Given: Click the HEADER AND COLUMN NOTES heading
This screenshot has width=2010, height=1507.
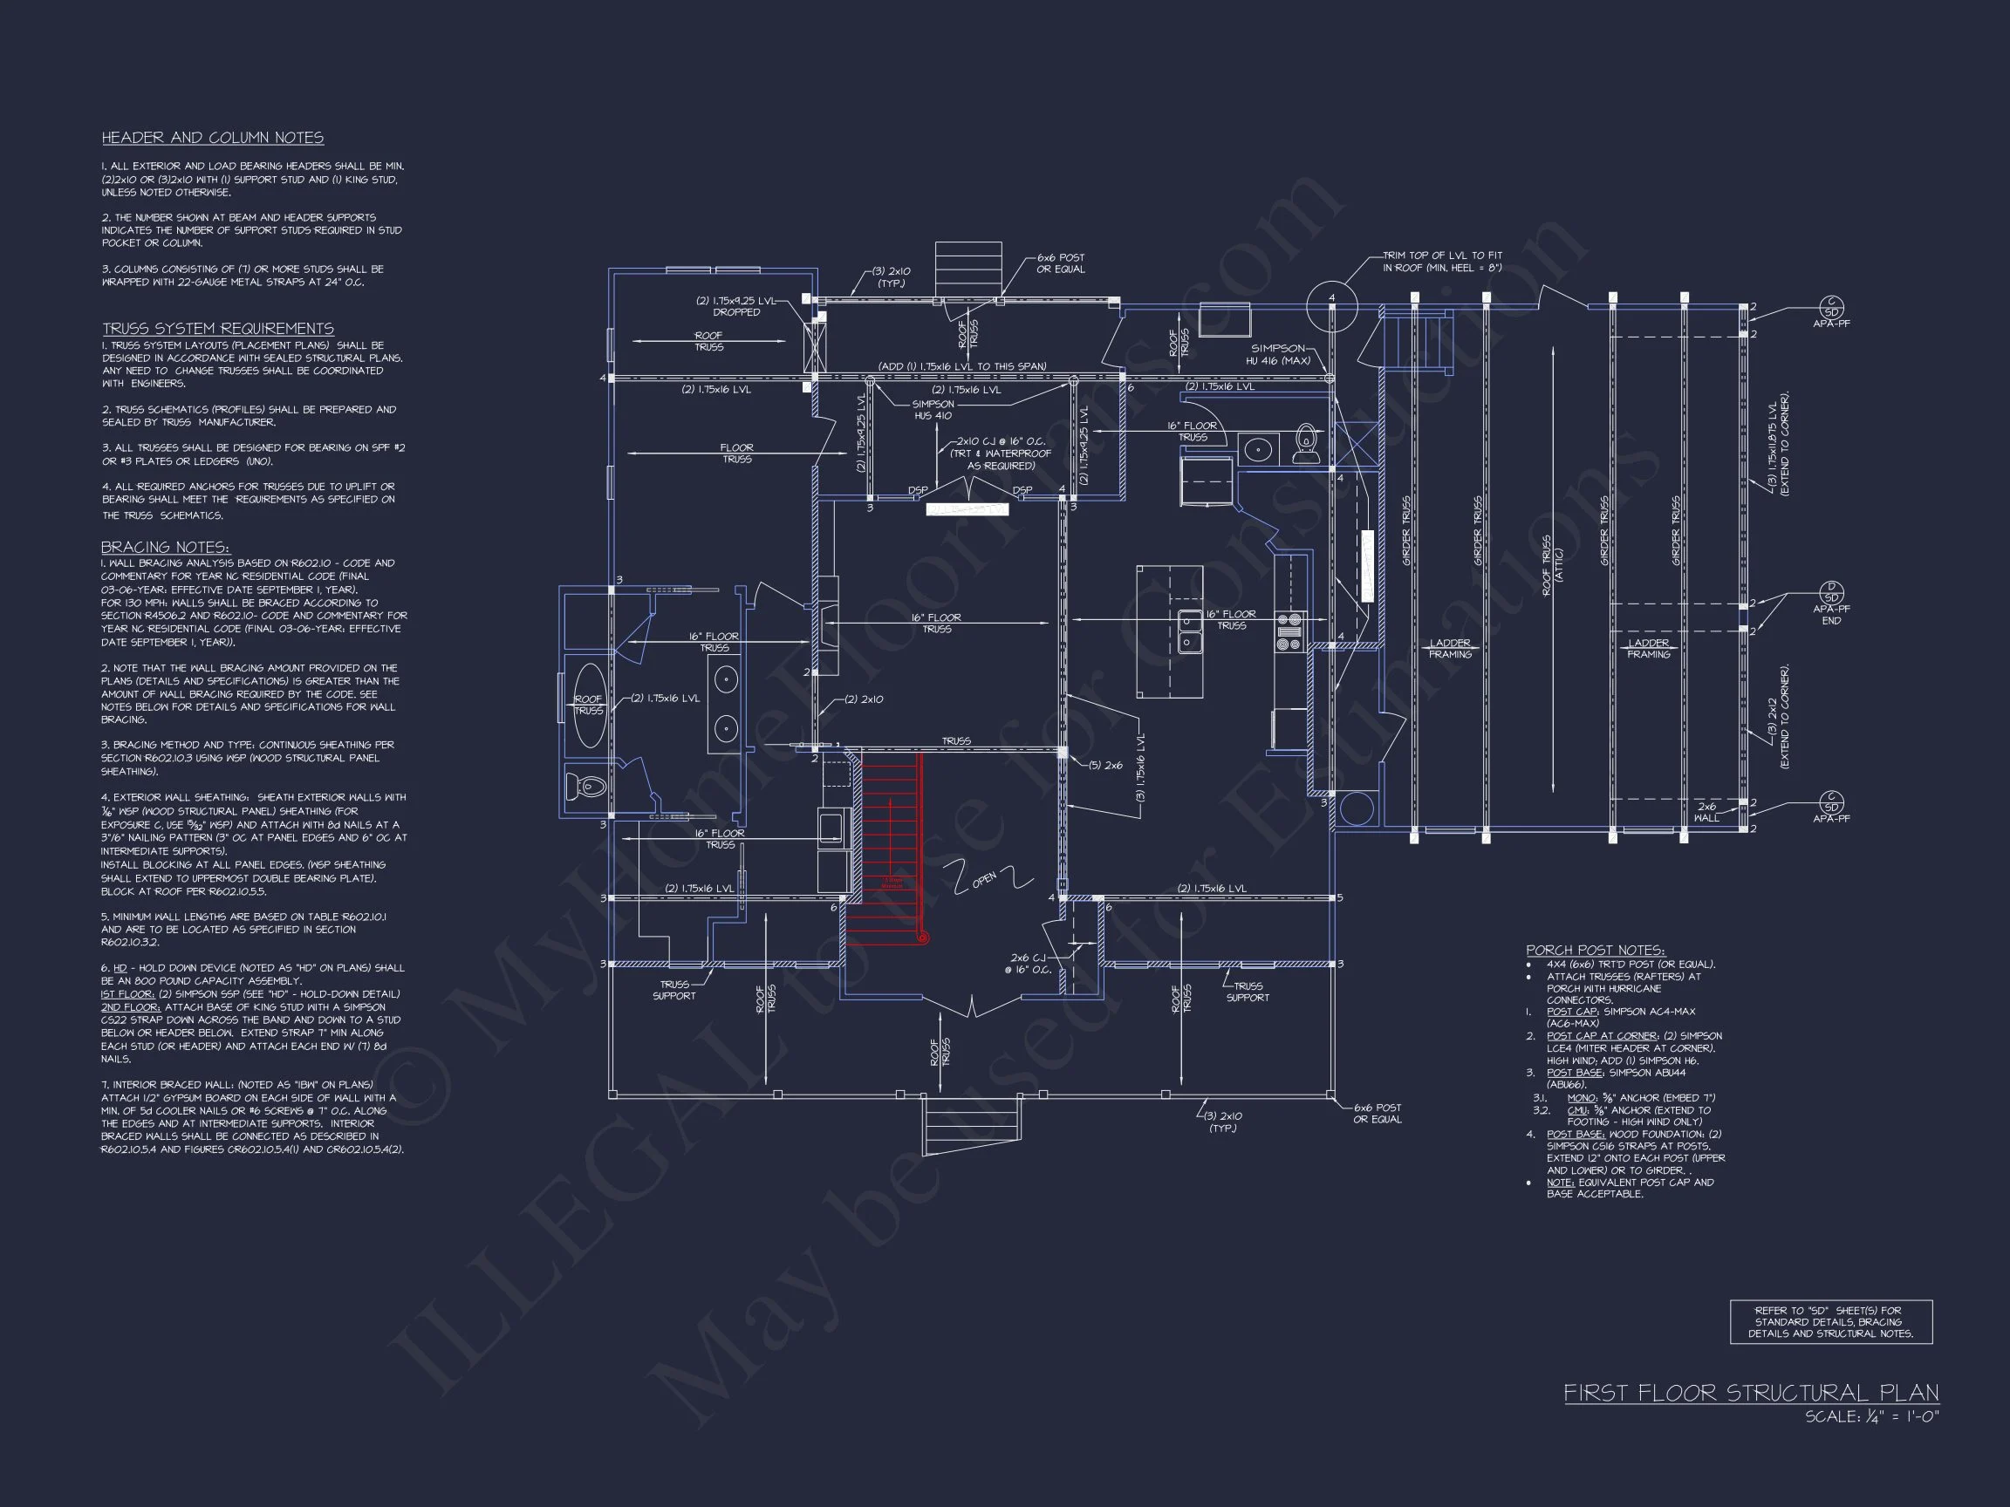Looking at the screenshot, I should point(213,138).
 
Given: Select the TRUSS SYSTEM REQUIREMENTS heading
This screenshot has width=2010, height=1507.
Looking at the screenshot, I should point(218,329).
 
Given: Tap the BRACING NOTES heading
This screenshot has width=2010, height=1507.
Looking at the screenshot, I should point(166,547).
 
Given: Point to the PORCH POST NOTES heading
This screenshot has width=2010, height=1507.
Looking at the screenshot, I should point(1595,951).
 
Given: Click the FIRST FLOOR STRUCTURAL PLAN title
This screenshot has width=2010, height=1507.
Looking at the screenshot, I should point(1751,1394).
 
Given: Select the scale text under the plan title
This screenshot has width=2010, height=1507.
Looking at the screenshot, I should point(1871,1416).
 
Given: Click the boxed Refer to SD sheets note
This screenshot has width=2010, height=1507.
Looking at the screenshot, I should point(1830,1322).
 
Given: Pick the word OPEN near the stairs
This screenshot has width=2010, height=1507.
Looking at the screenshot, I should point(984,878).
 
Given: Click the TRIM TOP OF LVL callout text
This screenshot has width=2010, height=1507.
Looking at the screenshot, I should point(1442,262).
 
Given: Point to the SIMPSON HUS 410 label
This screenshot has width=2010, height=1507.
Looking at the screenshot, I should point(933,410).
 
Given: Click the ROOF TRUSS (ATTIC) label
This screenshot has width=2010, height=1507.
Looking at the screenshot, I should point(1552,566).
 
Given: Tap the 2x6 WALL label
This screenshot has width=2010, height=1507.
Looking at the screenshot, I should point(1706,812).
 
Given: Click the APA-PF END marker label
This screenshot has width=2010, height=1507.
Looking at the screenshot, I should point(1831,615).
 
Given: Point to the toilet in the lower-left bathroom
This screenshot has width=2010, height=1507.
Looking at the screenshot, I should point(586,786).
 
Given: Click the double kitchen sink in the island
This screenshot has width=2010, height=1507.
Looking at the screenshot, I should point(1188,631).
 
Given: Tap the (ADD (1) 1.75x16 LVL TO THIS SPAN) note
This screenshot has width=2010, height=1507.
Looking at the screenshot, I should point(961,366).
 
